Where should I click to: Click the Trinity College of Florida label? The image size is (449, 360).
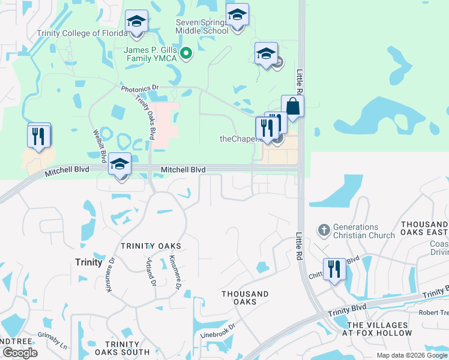(79, 34)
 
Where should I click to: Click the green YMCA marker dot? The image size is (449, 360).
(186, 54)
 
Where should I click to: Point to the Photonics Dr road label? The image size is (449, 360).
(139, 88)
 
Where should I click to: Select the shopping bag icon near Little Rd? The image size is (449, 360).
(292, 106)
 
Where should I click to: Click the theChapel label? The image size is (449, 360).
(239, 139)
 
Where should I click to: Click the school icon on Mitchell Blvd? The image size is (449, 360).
(120, 164)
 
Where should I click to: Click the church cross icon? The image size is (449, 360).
(323, 230)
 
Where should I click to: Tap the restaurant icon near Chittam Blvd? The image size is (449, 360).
(334, 268)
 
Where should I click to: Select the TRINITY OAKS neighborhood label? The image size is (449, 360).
(151, 247)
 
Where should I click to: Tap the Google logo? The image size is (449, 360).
(20, 353)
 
